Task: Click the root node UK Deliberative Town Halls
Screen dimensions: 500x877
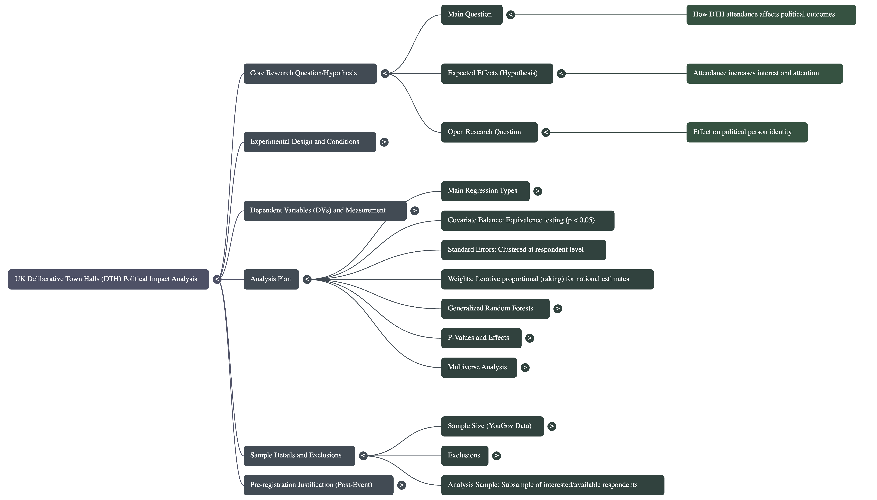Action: point(108,279)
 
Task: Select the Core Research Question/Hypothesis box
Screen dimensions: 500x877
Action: point(310,73)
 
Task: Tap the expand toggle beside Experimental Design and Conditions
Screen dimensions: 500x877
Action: point(384,142)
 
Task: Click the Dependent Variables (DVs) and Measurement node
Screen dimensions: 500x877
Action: point(325,211)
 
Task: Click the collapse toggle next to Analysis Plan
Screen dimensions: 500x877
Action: point(307,279)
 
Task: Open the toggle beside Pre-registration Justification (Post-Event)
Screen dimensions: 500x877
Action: point(401,485)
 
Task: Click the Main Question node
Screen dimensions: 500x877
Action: point(471,14)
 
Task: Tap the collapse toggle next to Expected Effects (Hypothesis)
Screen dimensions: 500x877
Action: point(561,73)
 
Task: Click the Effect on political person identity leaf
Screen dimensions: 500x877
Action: point(747,132)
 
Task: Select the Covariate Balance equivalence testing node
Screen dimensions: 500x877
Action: point(528,220)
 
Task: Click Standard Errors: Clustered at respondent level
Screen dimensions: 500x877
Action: point(523,250)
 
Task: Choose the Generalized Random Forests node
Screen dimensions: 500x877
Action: point(495,308)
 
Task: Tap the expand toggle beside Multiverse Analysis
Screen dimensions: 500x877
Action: point(525,367)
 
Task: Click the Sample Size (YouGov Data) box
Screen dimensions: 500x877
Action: point(492,426)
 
